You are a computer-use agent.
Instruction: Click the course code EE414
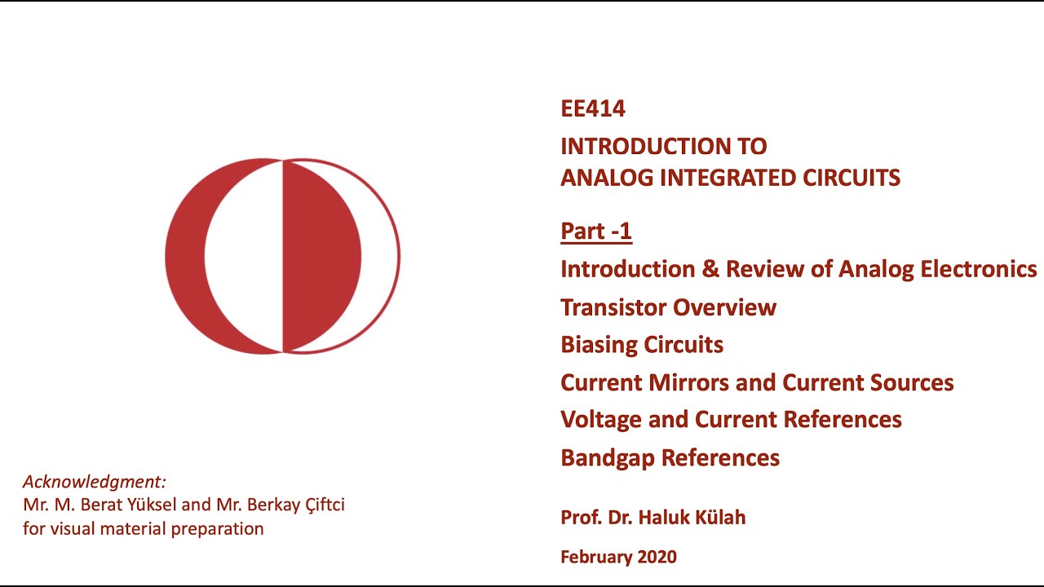[593, 108]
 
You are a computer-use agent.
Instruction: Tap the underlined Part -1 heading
[596, 232]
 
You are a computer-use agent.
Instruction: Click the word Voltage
[601, 420]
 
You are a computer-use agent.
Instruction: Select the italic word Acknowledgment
[94, 481]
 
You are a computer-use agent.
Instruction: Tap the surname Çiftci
[317, 505]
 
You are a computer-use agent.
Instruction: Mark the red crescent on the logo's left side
[184, 257]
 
